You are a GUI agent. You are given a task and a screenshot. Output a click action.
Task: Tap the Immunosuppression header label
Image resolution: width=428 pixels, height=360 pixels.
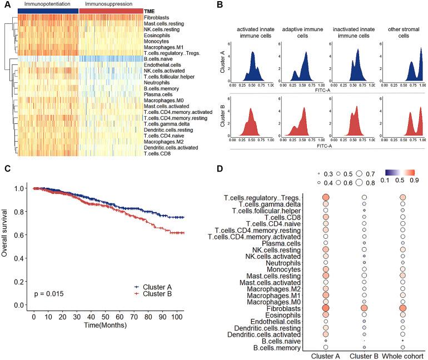point(104,4)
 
